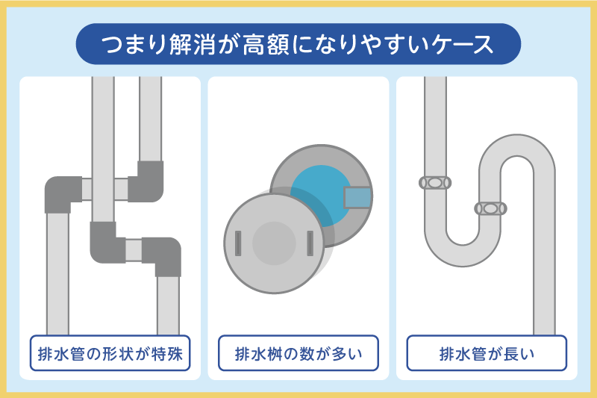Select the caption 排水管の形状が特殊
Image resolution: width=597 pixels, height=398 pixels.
[x=110, y=353]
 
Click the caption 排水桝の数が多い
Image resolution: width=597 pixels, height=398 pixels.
[x=298, y=353]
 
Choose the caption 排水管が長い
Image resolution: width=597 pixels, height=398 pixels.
[x=487, y=353]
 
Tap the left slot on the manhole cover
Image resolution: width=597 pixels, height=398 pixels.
[x=238, y=243]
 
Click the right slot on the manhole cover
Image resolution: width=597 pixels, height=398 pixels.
[x=309, y=243]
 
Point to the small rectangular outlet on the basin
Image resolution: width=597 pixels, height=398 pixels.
[x=357, y=197]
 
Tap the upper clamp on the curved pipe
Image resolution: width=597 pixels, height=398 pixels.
[x=435, y=182]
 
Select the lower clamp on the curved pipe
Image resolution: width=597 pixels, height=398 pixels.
[x=490, y=208]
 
